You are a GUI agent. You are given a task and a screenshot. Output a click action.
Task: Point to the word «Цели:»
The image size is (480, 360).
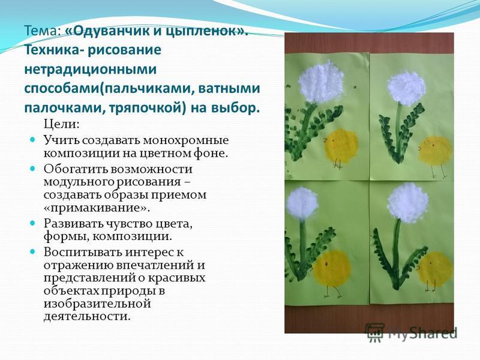click(62, 125)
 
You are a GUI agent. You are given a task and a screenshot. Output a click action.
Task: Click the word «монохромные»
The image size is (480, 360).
click(186, 140)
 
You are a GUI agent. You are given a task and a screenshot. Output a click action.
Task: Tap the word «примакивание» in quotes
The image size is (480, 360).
click(97, 208)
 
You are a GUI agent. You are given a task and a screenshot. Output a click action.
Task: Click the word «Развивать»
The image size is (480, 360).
click(73, 223)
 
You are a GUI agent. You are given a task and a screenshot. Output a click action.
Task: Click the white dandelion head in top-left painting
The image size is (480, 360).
click(321, 82)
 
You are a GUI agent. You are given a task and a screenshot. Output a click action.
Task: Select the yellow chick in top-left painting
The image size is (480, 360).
click(340, 146)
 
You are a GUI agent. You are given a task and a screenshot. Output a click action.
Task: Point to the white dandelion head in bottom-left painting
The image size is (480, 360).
click(302, 203)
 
